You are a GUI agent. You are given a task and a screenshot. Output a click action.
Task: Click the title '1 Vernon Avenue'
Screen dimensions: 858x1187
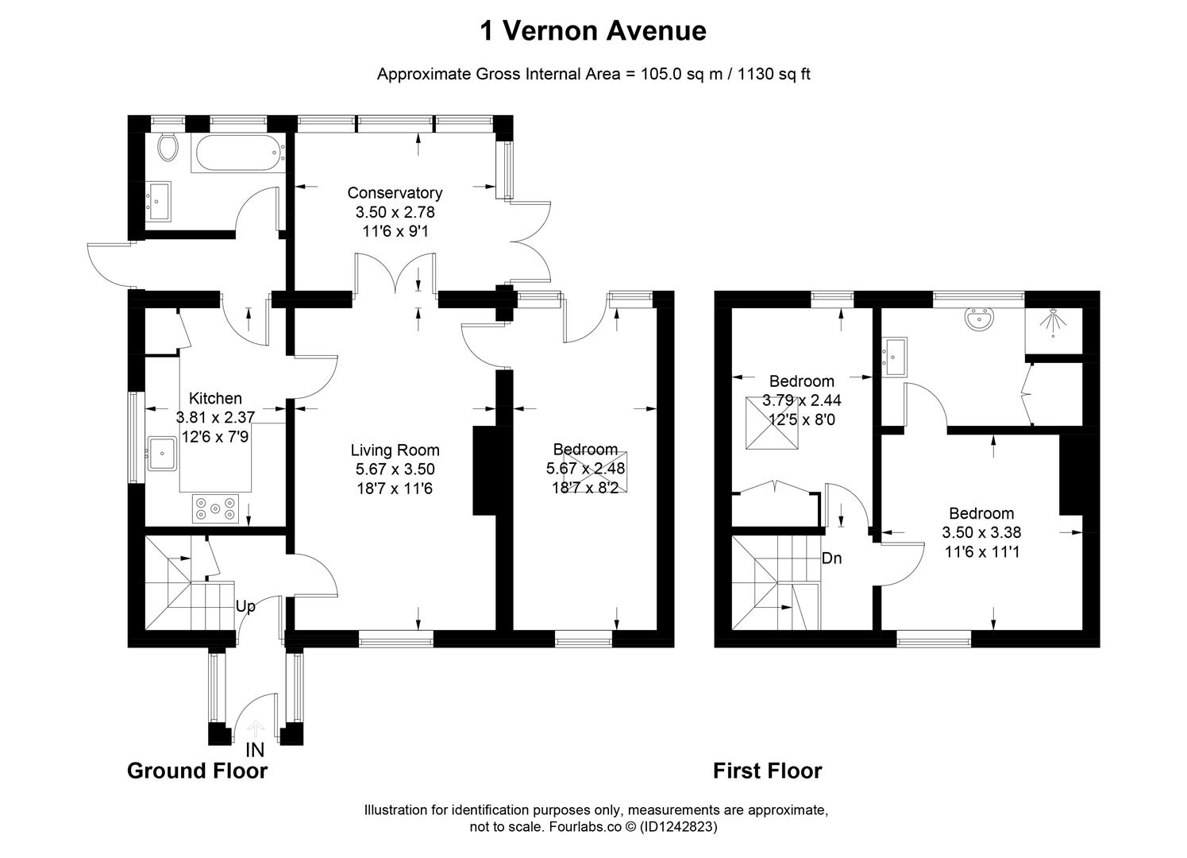point(593,31)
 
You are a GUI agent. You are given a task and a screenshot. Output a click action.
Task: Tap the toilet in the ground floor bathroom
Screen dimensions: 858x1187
point(168,147)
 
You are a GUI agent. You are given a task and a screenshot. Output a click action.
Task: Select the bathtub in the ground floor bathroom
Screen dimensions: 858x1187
point(237,153)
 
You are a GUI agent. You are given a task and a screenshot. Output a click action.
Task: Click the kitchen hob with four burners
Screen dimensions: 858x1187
point(216,508)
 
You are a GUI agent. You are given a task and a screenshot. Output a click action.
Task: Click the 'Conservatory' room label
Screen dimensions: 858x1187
point(395,193)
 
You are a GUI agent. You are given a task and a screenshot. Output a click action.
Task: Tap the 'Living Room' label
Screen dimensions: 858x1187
point(395,450)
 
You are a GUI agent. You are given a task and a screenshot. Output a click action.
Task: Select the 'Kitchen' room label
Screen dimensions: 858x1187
point(215,399)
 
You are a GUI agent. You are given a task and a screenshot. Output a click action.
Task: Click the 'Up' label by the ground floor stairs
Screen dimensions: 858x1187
point(245,607)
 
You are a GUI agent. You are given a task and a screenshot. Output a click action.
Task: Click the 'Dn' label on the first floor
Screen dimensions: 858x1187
point(831,558)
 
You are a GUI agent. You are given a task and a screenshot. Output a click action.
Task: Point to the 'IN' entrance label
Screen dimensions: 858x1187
point(255,749)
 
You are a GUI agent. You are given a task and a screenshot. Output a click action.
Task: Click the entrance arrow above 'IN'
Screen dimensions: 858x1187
point(256,729)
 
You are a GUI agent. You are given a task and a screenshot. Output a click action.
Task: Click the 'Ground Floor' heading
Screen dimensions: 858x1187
point(197,771)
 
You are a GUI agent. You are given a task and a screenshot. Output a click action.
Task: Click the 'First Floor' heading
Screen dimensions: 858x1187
point(767,771)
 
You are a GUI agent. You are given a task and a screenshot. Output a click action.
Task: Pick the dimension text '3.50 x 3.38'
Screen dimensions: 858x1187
point(981,533)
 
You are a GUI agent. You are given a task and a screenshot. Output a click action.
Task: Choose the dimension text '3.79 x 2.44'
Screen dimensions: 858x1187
point(801,401)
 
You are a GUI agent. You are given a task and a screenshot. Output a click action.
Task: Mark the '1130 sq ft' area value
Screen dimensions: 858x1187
point(774,75)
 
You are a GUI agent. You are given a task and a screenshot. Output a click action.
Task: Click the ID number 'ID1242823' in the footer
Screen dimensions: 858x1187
point(679,827)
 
